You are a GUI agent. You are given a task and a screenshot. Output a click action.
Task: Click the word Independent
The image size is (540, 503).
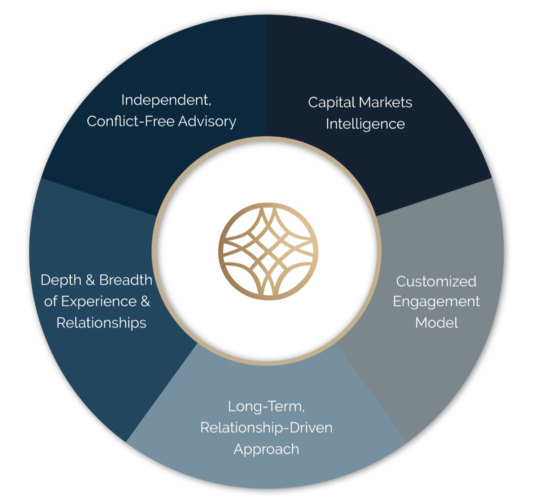[x=165, y=100]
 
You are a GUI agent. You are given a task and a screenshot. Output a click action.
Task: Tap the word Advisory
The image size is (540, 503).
[x=207, y=122]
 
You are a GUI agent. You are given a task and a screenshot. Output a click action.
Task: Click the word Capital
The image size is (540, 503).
[x=331, y=103]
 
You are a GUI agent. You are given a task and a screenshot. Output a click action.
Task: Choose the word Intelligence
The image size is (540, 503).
[x=365, y=124]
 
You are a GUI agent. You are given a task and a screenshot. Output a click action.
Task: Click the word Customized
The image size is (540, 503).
[x=436, y=282]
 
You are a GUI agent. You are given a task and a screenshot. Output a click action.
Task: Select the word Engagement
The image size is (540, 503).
[x=436, y=302]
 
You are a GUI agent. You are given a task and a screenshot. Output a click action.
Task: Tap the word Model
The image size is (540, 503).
[x=436, y=322]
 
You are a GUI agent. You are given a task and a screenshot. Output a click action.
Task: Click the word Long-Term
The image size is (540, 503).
[x=266, y=406]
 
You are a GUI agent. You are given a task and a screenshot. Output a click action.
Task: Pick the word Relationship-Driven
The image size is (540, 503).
[x=266, y=428]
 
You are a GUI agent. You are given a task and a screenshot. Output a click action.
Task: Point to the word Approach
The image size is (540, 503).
[x=266, y=449]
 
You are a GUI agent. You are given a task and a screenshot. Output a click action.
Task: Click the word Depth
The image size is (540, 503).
[x=61, y=280]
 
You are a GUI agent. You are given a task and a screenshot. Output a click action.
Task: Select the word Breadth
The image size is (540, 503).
[x=126, y=280]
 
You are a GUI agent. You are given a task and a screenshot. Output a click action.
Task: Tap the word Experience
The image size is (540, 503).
[x=99, y=301]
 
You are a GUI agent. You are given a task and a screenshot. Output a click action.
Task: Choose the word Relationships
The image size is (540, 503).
[x=101, y=322]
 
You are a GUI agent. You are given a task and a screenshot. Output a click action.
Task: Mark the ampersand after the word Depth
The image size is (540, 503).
[x=90, y=280]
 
